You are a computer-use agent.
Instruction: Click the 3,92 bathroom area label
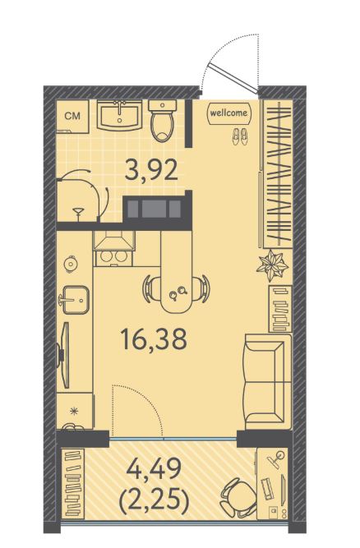[x=151, y=170]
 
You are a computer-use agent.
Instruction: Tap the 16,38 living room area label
[x=154, y=339]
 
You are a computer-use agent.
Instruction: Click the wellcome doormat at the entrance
[x=229, y=113]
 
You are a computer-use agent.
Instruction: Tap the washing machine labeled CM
[x=72, y=117]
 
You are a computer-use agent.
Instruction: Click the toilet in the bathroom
[x=163, y=121]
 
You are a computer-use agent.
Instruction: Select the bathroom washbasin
[x=119, y=115]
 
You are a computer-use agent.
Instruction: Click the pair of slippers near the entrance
[x=240, y=136]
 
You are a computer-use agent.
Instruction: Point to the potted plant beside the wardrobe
[x=272, y=265]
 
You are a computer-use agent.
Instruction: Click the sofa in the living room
[x=269, y=381]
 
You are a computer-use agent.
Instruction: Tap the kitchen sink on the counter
[x=75, y=300]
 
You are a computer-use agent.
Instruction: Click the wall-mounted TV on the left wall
[x=63, y=355]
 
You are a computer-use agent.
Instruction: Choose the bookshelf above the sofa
[x=280, y=309]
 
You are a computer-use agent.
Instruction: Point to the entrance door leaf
[x=232, y=77]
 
